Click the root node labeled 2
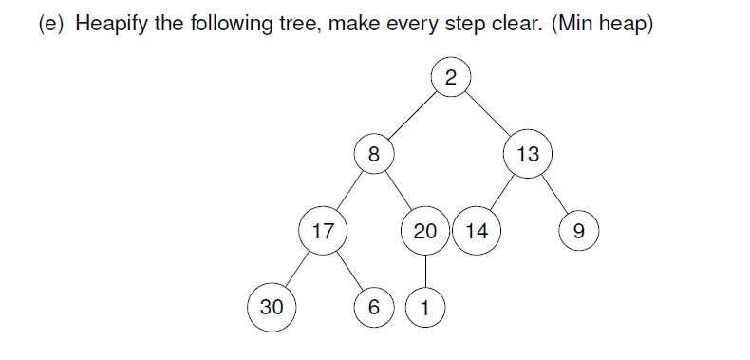pos(450,78)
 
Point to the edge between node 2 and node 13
pos(487,114)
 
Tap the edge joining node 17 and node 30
pos(296,268)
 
